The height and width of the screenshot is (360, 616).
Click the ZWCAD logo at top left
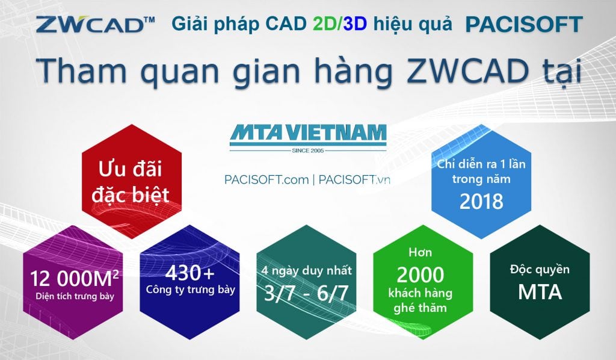point(95,24)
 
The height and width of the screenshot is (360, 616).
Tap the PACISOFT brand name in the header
point(524,24)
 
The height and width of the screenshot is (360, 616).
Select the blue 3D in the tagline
point(355,24)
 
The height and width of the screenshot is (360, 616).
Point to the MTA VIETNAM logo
point(308,138)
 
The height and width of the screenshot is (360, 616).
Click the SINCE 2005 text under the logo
point(308,151)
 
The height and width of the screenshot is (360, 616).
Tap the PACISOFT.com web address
point(266,179)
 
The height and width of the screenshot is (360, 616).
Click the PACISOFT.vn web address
point(354,179)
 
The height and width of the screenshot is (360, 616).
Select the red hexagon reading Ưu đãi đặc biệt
point(132,181)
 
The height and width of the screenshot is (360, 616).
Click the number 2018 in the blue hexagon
point(481,201)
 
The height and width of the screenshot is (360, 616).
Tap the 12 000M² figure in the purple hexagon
point(74,278)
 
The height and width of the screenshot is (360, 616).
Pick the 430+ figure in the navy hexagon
point(189,273)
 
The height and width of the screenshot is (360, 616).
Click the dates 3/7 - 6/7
point(306,293)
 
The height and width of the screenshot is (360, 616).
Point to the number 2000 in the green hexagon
point(420,275)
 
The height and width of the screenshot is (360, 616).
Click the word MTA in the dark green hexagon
point(540,292)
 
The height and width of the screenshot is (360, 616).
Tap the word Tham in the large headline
point(82,69)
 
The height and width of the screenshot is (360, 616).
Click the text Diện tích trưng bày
point(75,296)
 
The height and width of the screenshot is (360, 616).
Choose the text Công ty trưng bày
point(191,290)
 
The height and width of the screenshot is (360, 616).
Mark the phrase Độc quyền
point(540,270)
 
